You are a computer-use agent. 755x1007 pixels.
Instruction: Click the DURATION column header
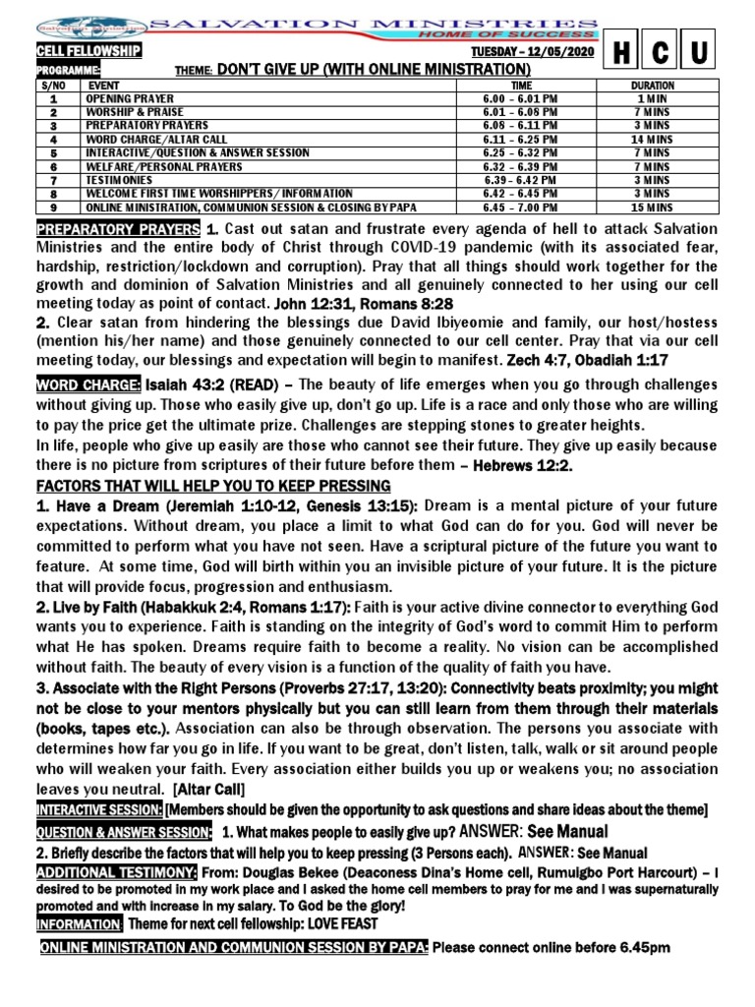(x=652, y=86)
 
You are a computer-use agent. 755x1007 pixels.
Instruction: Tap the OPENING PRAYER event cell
(x=130, y=99)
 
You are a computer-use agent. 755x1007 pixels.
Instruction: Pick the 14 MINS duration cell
(x=652, y=141)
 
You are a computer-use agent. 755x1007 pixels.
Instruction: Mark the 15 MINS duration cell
(x=652, y=208)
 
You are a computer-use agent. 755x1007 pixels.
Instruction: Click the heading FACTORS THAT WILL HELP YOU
(x=213, y=486)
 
